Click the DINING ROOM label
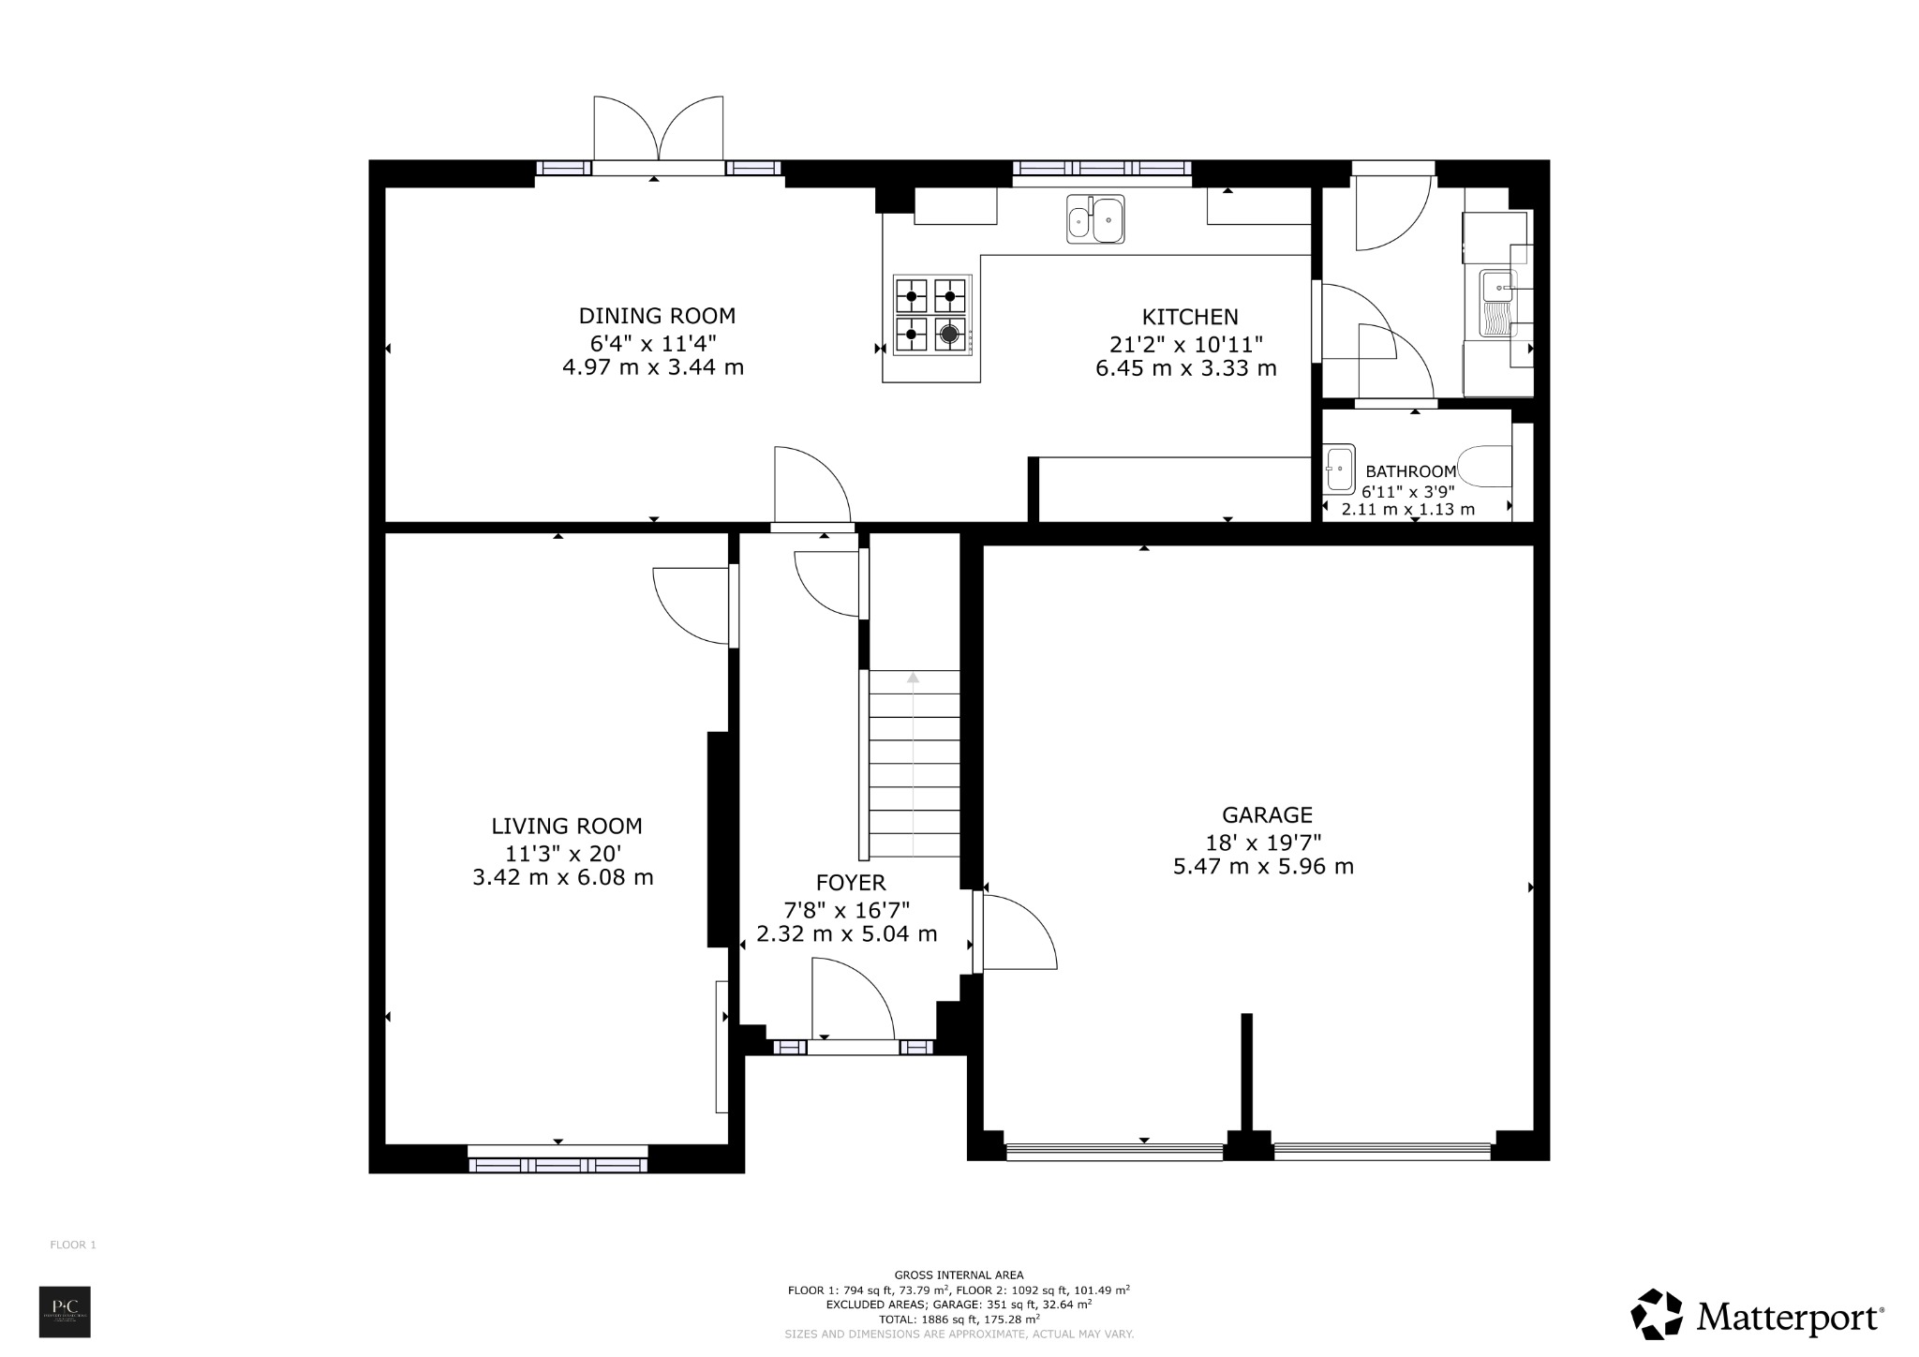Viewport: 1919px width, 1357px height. pyautogui.click(x=657, y=316)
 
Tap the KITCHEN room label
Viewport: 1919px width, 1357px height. pyautogui.click(x=1189, y=317)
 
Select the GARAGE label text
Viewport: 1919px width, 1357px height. pyautogui.click(x=1266, y=815)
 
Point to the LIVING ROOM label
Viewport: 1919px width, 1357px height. pyautogui.click(x=567, y=827)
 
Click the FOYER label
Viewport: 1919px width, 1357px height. pyautogui.click(x=850, y=883)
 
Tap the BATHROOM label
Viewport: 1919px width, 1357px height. pyautogui.click(x=1410, y=471)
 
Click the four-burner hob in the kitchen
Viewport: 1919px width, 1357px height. pyautogui.click(x=930, y=315)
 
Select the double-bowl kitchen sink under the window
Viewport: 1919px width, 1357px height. pyautogui.click(x=1095, y=220)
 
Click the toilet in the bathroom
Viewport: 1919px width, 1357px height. pyautogui.click(x=1486, y=467)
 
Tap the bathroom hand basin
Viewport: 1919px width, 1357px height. pyautogui.click(x=1339, y=468)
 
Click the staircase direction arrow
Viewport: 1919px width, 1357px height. pyautogui.click(x=914, y=678)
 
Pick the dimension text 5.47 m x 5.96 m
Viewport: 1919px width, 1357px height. pyautogui.click(x=1263, y=867)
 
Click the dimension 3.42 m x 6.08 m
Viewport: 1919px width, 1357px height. pyautogui.click(x=563, y=878)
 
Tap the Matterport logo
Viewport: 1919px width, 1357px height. pyautogui.click(x=1756, y=1318)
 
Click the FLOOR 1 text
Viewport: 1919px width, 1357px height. pyautogui.click(x=73, y=1245)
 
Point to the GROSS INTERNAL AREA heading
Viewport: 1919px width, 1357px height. pyautogui.click(x=959, y=1275)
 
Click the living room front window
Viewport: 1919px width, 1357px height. pyautogui.click(x=558, y=1164)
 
